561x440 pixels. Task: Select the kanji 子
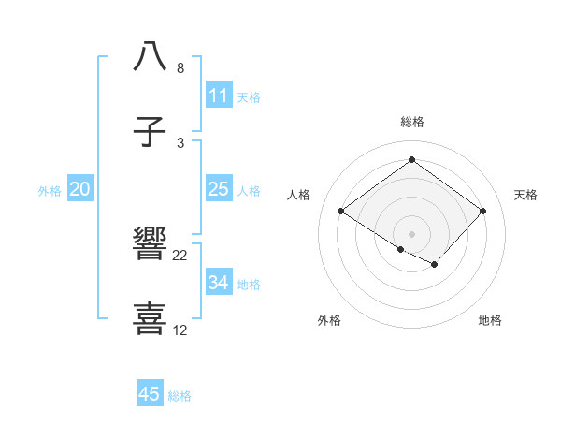[x=151, y=131]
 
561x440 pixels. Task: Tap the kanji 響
[x=151, y=244]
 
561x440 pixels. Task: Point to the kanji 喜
[x=151, y=318]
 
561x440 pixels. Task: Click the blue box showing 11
[x=218, y=95]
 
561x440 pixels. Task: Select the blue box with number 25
[x=218, y=189]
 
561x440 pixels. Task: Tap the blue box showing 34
[x=218, y=283]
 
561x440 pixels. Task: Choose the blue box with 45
[x=150, y=394]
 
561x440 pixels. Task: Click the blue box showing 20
[x=79, y=189]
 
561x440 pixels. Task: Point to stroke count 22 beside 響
[x=180, y=255]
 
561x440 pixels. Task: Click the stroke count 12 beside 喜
[x=180, y=330]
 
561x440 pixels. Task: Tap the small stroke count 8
[x=180, y=68]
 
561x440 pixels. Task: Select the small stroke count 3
[x=180, y=142]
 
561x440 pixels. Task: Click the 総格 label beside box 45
[x=180, y=396]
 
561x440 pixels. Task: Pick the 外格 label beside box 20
[x=50, y=190]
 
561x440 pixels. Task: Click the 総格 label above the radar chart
[x=411, y=122]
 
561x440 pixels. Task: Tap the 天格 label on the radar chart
[x=525, y=195]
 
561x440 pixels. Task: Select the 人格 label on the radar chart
[x=299, y=195]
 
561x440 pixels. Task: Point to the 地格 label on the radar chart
[x=490, y=320]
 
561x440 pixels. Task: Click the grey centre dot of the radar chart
[x=411, y=233]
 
